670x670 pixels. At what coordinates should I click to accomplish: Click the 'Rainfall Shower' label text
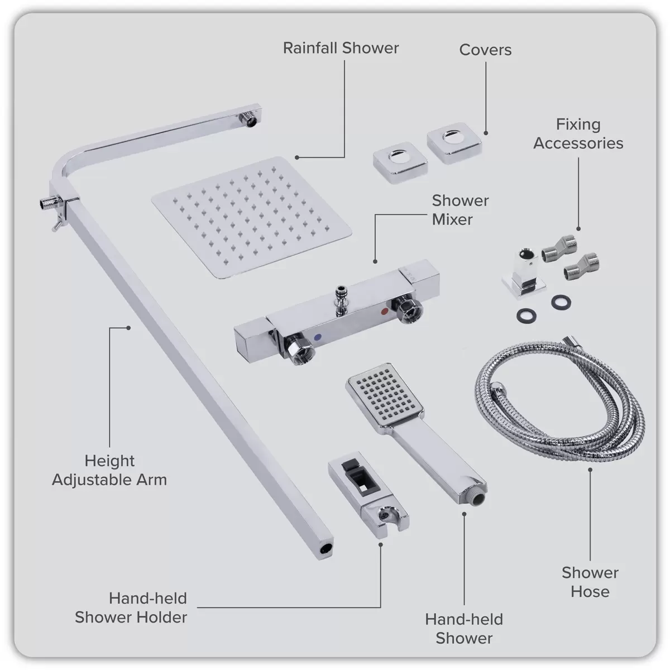tap(341, 48)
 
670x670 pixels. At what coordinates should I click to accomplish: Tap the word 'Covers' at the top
tap(485, 50)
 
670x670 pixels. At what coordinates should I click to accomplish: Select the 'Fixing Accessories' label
tap(578, 133)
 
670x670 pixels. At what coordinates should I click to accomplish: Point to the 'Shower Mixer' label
tap(460, 210)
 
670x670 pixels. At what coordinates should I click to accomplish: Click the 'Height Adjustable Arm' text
tap(109, 470)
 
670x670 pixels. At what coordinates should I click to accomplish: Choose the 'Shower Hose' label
tap(590, 582)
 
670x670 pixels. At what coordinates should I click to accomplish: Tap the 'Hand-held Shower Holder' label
tap(131, 607)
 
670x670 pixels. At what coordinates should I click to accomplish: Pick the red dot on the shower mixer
tap(384, 310)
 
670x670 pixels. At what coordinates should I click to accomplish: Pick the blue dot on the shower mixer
tap(318, 338)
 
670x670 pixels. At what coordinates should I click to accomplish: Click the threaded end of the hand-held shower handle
tap(475, 495)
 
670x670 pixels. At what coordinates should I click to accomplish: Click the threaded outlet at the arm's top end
tap(246, 118)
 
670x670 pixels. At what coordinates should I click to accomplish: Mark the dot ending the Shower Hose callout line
tap(590, 470)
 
